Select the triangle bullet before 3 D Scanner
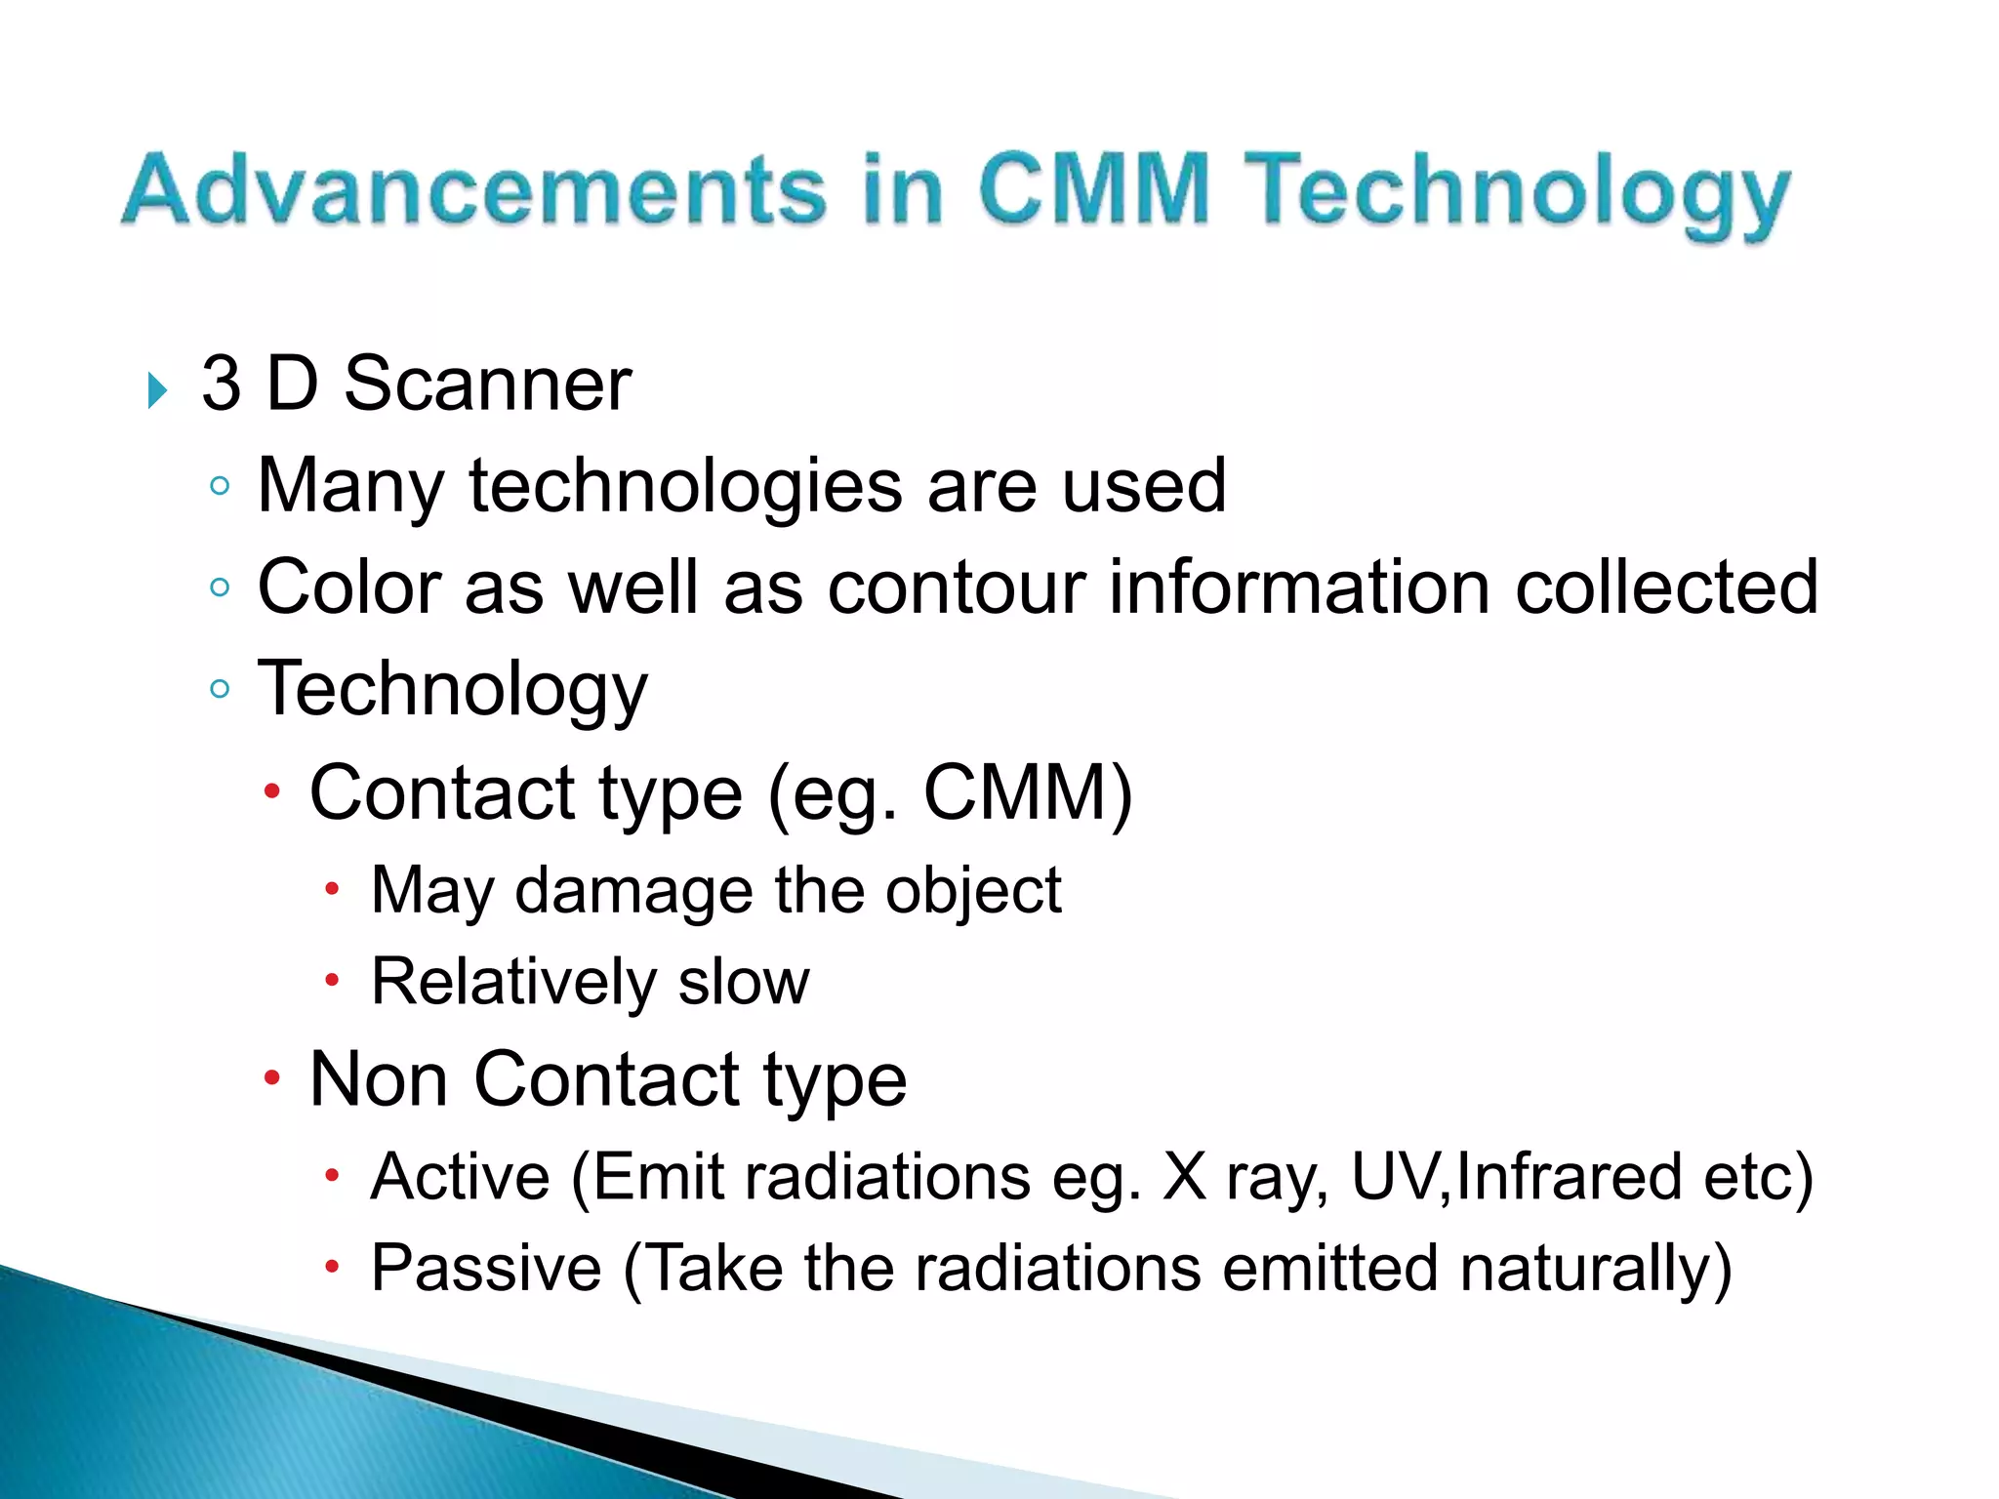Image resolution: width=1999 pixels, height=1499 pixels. tap(157, 390)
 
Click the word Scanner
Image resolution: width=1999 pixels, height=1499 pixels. tap(487, 384)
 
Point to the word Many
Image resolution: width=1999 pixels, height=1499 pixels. tap(350, 487)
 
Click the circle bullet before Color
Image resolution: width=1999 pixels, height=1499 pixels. tap(220, 587)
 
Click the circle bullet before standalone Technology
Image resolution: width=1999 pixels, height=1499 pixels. tap(220, 689)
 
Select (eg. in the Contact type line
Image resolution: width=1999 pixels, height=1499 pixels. tap(832, 793)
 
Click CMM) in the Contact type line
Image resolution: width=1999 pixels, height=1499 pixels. tap(1028, 791)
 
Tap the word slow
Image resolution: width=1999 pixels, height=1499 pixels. tap(744, 982)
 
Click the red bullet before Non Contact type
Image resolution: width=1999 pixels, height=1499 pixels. tap(271, 1078)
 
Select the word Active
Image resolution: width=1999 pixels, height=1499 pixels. tap(461, 1176)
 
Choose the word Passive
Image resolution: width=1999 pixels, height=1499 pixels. tap(486, 1268)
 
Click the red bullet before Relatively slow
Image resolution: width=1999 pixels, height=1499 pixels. tap(332, 980)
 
